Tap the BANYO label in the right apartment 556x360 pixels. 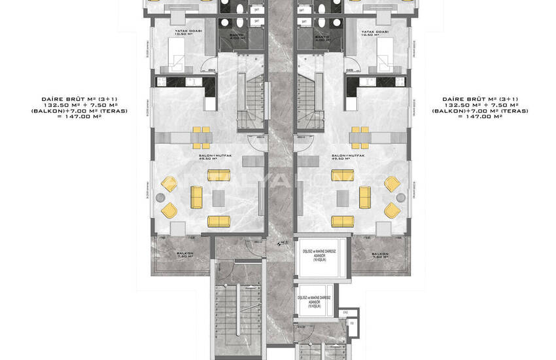tap(321, 38)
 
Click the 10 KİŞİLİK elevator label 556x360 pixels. tap(314, 301)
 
